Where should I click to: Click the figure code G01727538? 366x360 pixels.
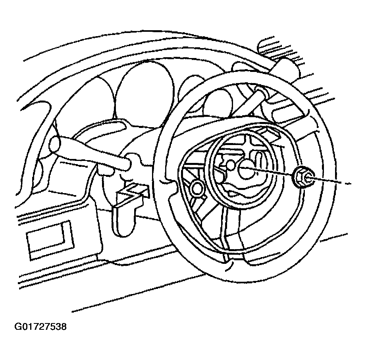(x=40, y=326)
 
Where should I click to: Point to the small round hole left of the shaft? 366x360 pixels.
(x=231, y=165)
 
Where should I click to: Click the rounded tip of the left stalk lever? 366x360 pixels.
(x=54, y=144)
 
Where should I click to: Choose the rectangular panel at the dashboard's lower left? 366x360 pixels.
(x=50, y=240)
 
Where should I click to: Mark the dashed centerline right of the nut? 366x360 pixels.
(x=331, y=181)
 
